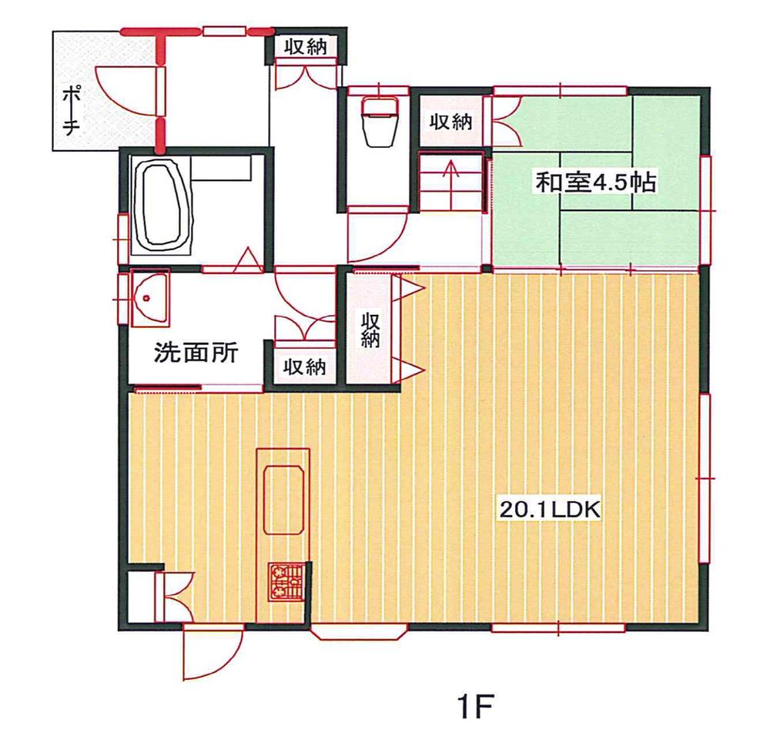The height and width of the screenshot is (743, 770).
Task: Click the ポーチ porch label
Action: (71, 110)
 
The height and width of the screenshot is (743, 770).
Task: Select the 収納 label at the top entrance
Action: (306, 47)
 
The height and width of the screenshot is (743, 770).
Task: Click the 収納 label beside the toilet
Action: (450, 122)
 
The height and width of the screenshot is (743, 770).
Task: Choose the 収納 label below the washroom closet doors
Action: (306, 366)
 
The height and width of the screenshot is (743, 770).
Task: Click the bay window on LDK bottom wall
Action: (358, 633)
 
